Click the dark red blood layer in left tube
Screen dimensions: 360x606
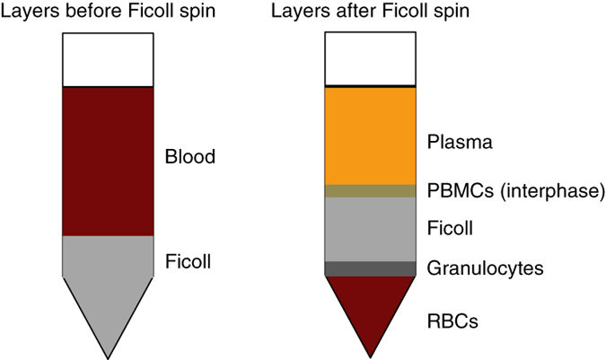click(x=108, y=162)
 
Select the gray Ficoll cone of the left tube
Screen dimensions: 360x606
click(x=108, y=287)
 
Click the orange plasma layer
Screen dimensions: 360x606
click(x=370, y=135)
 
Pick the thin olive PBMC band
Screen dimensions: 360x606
click(x=370, y=190)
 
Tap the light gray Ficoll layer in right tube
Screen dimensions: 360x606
click(x=370, y=228)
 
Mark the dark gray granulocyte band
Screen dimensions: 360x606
click(x=370, y=268)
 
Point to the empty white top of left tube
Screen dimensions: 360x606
click(x=108, y=59)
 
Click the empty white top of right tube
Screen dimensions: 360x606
click(x=370, y=59)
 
